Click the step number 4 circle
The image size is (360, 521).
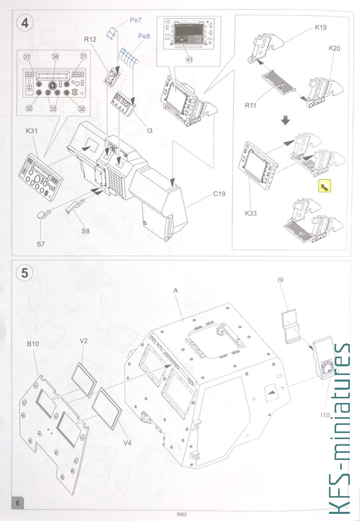(x=25, y=23)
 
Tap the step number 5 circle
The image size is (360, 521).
(x=25, y=273)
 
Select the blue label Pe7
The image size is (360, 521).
(x=135, y=20)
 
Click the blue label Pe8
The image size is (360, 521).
(x=144, y=36)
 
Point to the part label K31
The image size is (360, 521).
(x=32, y=131)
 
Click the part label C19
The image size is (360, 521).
(x=219, y=194)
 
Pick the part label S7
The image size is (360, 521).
(x=41, y=244)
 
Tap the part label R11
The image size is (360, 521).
(x=251, y=105)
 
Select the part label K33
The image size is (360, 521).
(x=251, y=213)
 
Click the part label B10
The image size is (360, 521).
(x=33, y=344)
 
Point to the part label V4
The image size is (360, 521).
(x=127, y=443)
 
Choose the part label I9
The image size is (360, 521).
(x=281, y=280)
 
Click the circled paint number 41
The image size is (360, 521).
(x=189, y=60)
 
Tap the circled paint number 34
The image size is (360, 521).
(x=55, y=56)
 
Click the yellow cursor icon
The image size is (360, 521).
(x=324, y=186)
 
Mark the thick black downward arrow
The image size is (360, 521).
(x=285, y=120)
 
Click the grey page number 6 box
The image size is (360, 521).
(x=18, y=503)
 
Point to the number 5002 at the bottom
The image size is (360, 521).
(x=182, y=514)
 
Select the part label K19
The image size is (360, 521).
(x=321, y=27)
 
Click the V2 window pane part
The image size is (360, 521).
(x=84, y=380)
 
